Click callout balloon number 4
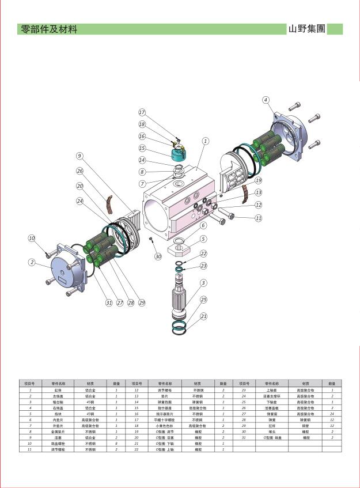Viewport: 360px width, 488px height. tap(266, 100)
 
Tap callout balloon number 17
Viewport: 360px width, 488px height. tap(142, 112)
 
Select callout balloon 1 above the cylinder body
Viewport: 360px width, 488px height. tap(205, 140)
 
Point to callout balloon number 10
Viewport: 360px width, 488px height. tap(32, 239)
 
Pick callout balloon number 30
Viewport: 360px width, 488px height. tap(158, 257)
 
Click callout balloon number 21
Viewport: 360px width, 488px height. tap(203, 316)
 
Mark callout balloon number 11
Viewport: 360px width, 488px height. tap(259, 218)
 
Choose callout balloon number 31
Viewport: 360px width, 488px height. tap(108, 302)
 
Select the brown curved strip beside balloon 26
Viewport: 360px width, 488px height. tap(108, 203)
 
